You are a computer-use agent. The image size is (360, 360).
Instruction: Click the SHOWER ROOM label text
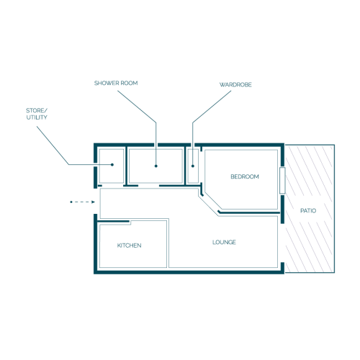116,83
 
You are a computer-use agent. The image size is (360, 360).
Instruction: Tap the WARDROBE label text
235,85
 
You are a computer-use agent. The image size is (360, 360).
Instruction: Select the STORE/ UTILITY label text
37,114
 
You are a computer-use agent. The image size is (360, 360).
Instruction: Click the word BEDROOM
245,176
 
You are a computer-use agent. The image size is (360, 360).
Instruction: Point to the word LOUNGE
224,242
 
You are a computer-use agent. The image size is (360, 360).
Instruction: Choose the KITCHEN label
129,246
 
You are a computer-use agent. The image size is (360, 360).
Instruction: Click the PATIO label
308,211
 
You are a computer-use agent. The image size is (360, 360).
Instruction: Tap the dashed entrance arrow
83,202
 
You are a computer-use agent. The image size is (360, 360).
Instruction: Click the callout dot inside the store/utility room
112,165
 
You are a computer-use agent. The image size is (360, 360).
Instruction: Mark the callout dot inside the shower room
156,166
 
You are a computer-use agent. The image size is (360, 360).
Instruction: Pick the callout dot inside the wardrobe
193,166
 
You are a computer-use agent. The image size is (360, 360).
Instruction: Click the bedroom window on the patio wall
282,181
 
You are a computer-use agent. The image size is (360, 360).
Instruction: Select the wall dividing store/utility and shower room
126,166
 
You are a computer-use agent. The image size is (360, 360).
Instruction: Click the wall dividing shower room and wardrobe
185,166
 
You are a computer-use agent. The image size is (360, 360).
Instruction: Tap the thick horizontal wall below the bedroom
249,212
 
